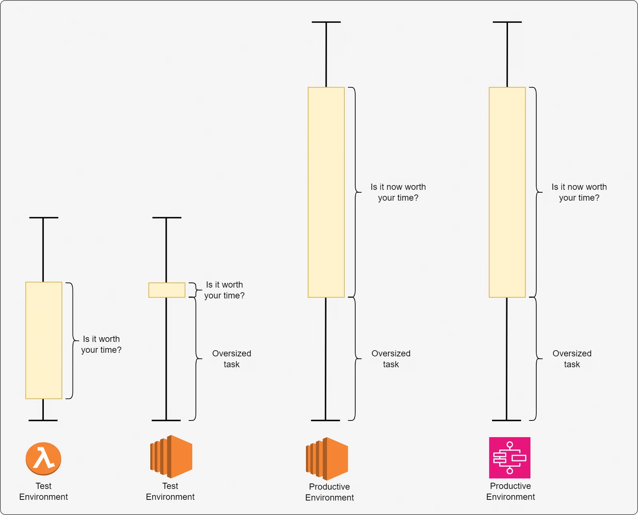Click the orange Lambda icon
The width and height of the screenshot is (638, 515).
coord(43,459)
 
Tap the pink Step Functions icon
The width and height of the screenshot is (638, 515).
coord(510,458)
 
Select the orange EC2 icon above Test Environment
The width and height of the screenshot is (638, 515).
coord(171,456)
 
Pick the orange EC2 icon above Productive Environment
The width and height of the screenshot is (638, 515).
coord(327,459)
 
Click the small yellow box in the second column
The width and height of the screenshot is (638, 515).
coord(167,290)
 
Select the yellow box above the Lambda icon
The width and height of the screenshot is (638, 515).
coord(43,340)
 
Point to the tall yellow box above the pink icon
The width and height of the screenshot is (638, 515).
coord(507,192)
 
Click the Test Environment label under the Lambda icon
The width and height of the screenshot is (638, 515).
coord(43,491)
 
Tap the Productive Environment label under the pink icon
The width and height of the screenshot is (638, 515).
coord(510,491)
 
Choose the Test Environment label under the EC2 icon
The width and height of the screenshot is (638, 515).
coord(170,491)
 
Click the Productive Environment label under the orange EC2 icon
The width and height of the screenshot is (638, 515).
coord(330,492)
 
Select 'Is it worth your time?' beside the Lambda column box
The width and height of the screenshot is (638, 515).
coord(101,344)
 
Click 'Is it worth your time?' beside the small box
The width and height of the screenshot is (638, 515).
coord(224,290)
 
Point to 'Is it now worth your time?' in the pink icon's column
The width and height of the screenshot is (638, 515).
coord(579,192)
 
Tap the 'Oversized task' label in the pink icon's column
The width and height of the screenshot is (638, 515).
coord(572,359)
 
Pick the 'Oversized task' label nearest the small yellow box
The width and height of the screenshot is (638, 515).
coord(232,359)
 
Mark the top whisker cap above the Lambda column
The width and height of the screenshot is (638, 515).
coord(43,217)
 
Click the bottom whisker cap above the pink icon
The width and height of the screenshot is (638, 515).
coord(506,420)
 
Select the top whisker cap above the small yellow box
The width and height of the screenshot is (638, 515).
coord(167,217)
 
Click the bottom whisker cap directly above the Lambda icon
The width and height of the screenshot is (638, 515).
coord(43,420)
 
